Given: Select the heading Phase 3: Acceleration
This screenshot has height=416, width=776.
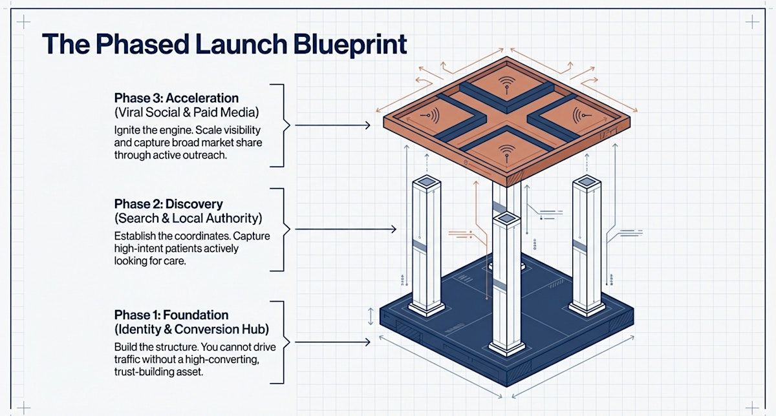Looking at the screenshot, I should [x=176, y=98].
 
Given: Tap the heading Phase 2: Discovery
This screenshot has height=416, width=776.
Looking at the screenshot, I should [x=168, y=204].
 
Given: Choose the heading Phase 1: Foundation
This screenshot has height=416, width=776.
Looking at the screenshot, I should [x=171, y=315].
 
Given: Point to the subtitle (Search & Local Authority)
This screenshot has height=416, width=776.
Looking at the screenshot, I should [x=188, y=218].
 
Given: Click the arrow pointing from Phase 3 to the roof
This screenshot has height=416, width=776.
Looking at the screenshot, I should [x=330, y=125].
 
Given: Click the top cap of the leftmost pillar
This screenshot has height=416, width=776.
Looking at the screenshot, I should [x=427, y=183].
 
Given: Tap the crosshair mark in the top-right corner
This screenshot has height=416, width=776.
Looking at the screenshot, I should [x=752, y=22].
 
